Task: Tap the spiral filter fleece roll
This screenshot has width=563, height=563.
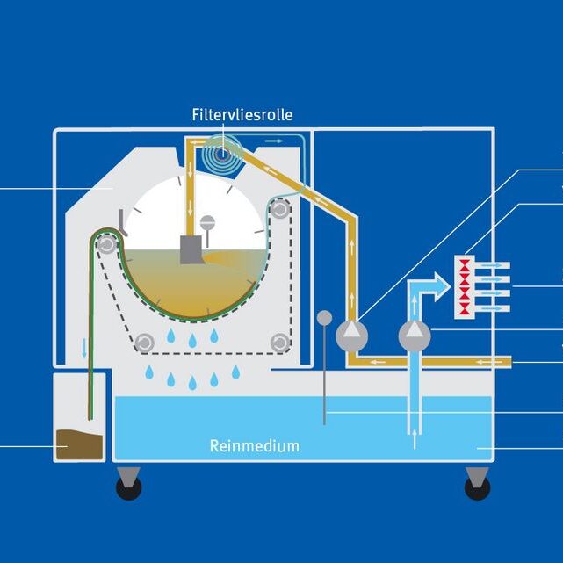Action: point(221,154)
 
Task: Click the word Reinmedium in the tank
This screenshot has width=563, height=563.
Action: point(254,445)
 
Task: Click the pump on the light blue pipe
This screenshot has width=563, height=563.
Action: point(415,335)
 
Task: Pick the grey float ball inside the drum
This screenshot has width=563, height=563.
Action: point(208,222)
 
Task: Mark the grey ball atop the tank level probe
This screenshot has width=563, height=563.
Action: point(324,317)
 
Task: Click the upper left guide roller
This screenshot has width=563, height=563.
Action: point(106,244)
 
